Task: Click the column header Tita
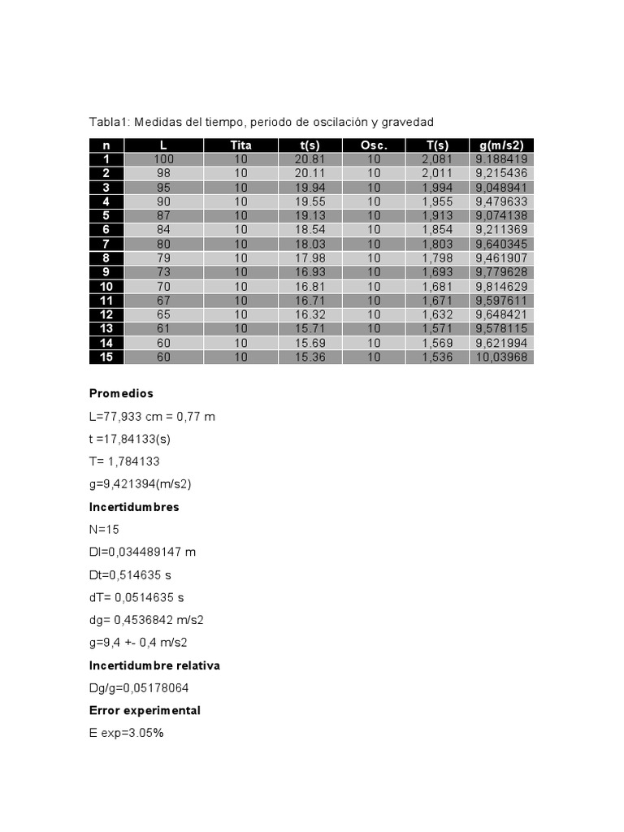240,145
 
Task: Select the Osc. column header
374,145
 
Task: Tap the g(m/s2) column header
501,145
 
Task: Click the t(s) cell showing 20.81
310,159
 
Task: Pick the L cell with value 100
163,159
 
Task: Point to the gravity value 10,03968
501,357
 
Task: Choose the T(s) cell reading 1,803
436,244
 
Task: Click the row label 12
106,314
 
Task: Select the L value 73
163,272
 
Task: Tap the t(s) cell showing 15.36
310,357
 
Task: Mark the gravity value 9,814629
501,286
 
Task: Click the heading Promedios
121,393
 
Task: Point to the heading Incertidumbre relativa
154,665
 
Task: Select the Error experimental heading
145,710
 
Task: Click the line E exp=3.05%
126,734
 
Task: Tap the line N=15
105,530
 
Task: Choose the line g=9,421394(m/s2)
140,484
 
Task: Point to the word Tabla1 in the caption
108,122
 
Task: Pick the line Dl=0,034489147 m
142,552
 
